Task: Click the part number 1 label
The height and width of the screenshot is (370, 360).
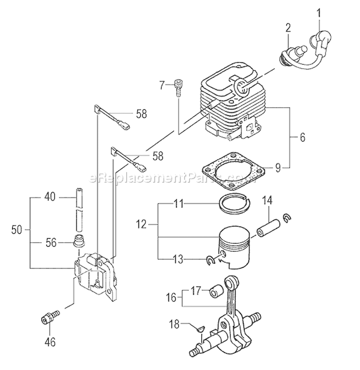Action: (x=319, y=13)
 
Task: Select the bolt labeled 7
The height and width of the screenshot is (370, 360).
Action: (x=179, y=88)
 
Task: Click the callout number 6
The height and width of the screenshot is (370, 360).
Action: (x=302, y=137)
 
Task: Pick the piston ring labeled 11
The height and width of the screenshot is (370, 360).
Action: (x=234, y=203)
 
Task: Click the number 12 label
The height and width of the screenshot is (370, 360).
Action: (x=141, y=224)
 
